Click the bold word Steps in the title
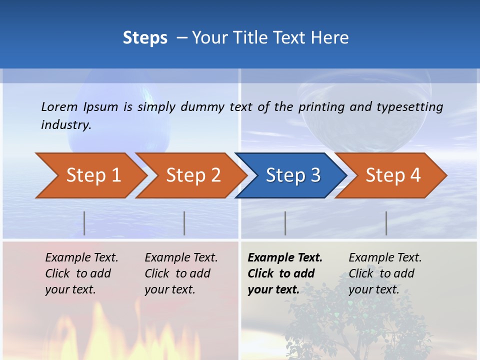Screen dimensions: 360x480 click(x=145, y=38)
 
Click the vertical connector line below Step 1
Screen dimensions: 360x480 click(x=84, y=223)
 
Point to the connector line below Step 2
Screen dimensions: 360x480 click(x=184, y=223)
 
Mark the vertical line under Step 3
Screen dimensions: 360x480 click(x=285, y=223)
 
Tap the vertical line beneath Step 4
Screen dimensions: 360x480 click(x=386, y=223)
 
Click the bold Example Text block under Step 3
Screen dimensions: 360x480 click(x=285, y=273)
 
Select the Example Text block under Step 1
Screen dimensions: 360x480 click(x=81, y=273)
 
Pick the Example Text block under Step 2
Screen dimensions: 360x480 click(x=181, y=273)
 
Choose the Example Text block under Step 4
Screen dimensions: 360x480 click(x=385, y=273)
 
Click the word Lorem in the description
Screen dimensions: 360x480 click(x=59, y=107)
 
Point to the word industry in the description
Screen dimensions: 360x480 click(x=66, y=125)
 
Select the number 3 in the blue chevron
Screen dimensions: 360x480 click(x=315, y=175)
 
